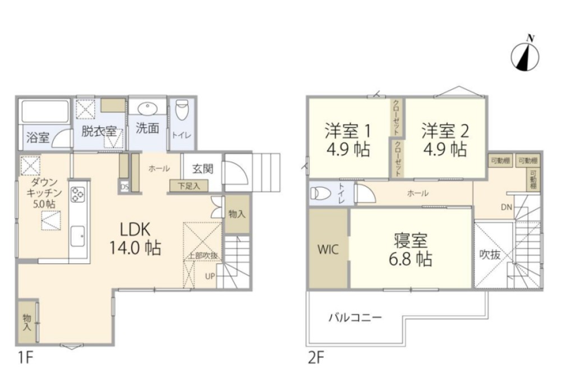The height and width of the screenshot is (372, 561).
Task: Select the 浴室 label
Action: pyautogui.click(x=38, y=138)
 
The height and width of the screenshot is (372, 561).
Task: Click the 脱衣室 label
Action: pyautogui.click(x=99, y=132)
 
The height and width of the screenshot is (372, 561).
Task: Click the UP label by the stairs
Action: pyautogui.click(x=210, y=275)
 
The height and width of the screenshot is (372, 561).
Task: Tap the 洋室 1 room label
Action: pyautogui.click(x=348, y=140)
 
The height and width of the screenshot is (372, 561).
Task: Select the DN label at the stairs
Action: pyautogui.click(x=506, y=207)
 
